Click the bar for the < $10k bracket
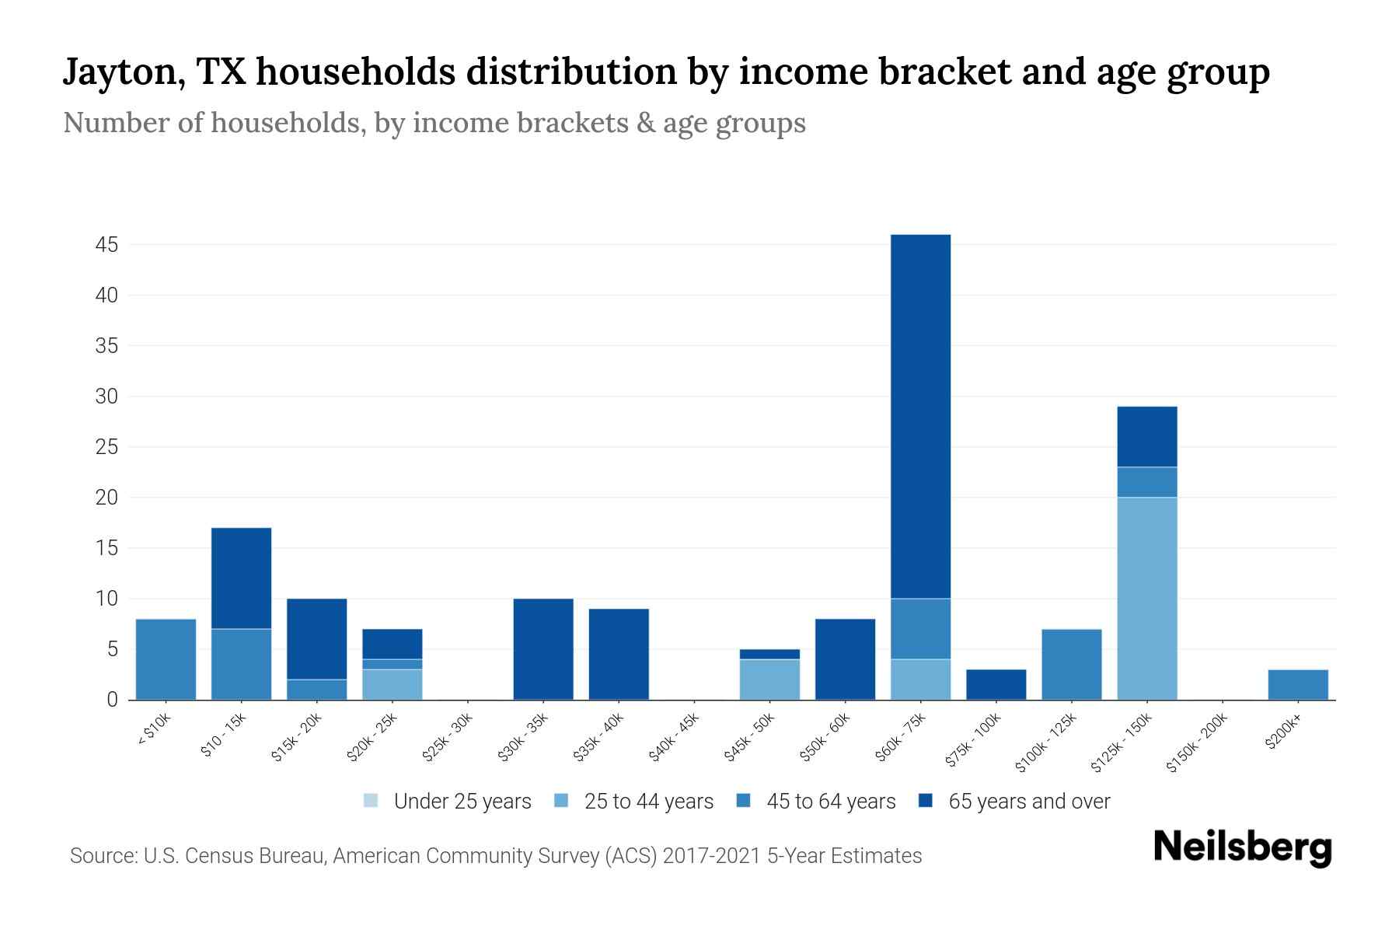(x=166, y=659)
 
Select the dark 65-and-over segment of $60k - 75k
(x=920, y=416)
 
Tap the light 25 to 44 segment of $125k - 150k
(x=1146, y=598)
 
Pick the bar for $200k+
(x=1297, y=684)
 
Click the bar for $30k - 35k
(x=543, y=649)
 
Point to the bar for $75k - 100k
(x=996, y=684)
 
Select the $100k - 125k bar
(x=1071, y=664)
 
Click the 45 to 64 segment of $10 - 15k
(x=241, y=664)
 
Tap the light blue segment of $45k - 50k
(x=769, y=679)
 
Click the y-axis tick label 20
(x=106, y=498)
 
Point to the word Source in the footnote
(x=101, y=856)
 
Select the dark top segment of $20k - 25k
(x=392, y=644)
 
